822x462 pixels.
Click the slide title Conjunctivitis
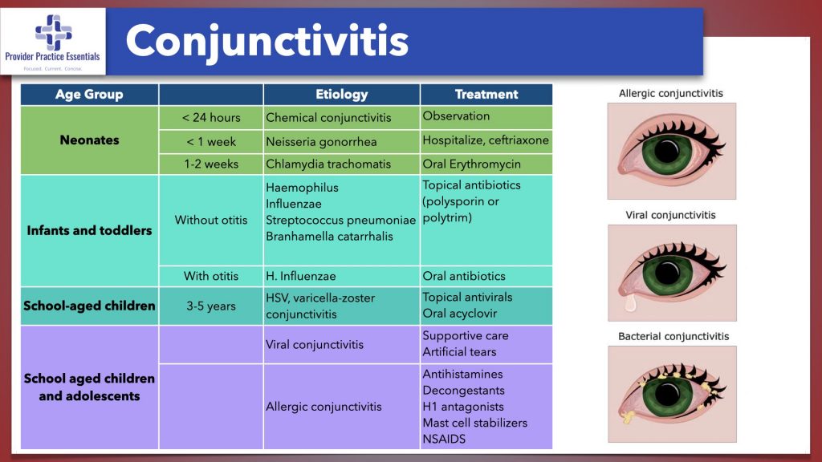[x=267, y=40]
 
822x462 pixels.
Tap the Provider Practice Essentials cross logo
[x=53, y=32]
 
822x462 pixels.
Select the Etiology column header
[x=341, y=95]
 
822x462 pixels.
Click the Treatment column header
[x=486, y=95]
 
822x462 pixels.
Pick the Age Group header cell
[x=89, y=95]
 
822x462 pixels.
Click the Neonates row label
[x=89, y=140]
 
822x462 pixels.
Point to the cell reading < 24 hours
[x=211, y=118]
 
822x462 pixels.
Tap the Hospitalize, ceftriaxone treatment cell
[x=486, y=140]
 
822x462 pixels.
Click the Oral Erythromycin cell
[x=472, y=164]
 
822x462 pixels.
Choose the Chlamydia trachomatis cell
[x=328, y=164]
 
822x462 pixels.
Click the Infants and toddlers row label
[x=89, y=231]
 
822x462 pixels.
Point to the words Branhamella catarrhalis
[x=330, y=236]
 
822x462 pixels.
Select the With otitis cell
[x=211, y=276]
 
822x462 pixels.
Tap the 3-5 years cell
[x=211, y=306]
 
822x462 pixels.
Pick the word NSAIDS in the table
[x=444, y=439]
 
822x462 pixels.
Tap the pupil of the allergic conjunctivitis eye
[x=665, y=151]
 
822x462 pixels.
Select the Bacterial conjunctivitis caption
[x=673, y=336]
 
